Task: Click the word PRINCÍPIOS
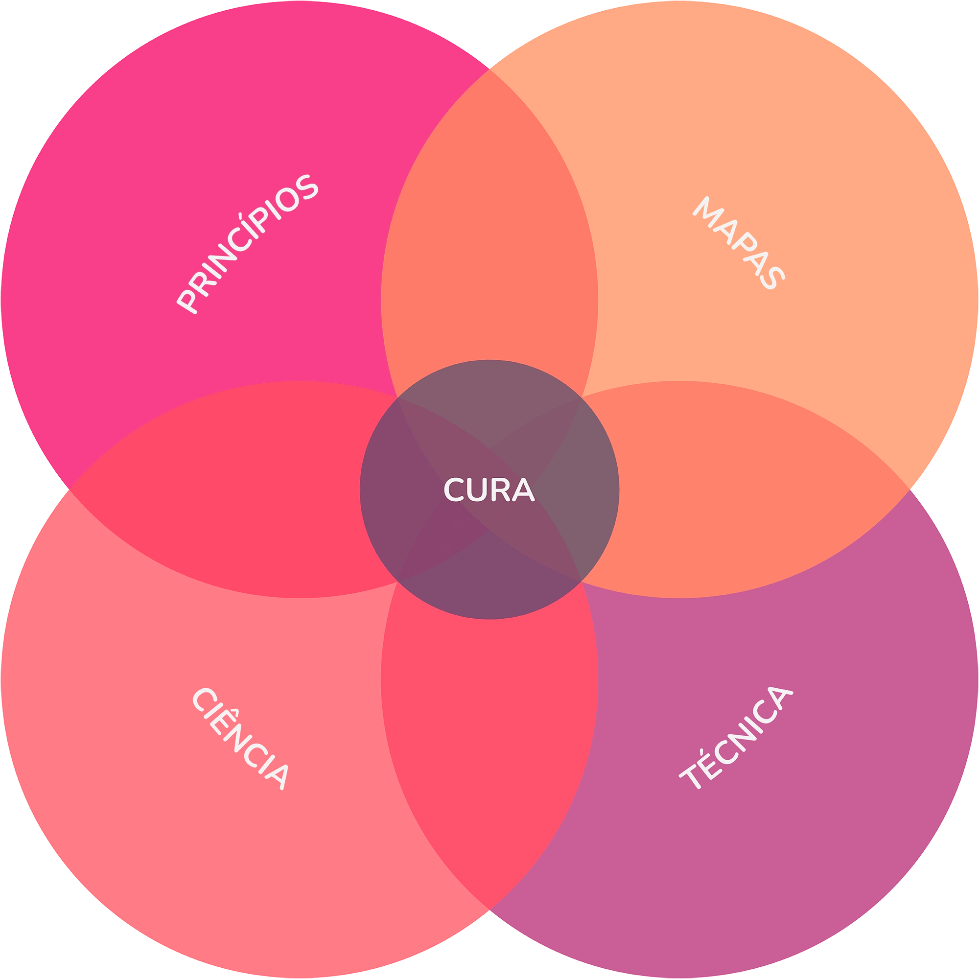coord(247,243)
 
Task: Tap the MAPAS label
coord(739,243)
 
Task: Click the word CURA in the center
coord(489,489)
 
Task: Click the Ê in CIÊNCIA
coord(223,720)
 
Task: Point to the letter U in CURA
coord(476,490)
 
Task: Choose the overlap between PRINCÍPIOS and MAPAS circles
coord(489,228)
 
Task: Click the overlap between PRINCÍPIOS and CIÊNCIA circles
coord(228,489)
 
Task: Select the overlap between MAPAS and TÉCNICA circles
coord(750,489)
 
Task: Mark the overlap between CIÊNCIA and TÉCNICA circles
coord(489,750)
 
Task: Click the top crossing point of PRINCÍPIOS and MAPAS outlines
coord(489,69)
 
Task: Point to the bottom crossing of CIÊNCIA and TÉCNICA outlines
coord(489,910)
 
